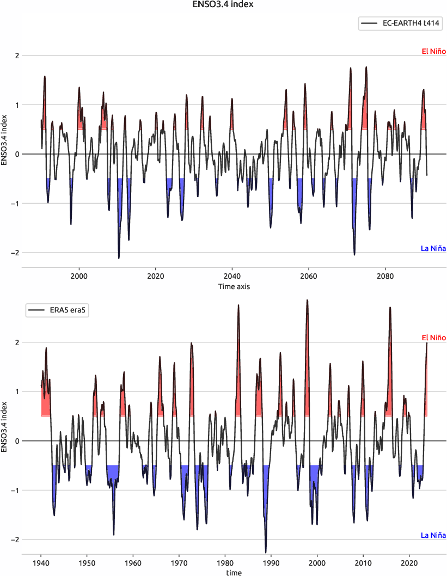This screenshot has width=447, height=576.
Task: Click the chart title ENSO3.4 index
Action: (x=223, y=4)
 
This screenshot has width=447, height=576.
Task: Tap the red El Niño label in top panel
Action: (x=434, y=52)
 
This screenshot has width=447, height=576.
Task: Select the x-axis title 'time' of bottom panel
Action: (x=234, y=573)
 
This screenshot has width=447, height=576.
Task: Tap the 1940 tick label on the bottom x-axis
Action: (x=41, y=563)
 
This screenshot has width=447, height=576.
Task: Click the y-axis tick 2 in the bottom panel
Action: (x=17, y=342)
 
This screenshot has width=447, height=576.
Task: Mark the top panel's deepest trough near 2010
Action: (x=119, y=257)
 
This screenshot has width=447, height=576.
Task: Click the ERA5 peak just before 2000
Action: (x=307, y=301)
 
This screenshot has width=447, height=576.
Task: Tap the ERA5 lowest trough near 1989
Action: (x=266, y=552)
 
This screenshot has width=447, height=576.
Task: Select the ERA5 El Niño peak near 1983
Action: (x=238, y=306)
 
